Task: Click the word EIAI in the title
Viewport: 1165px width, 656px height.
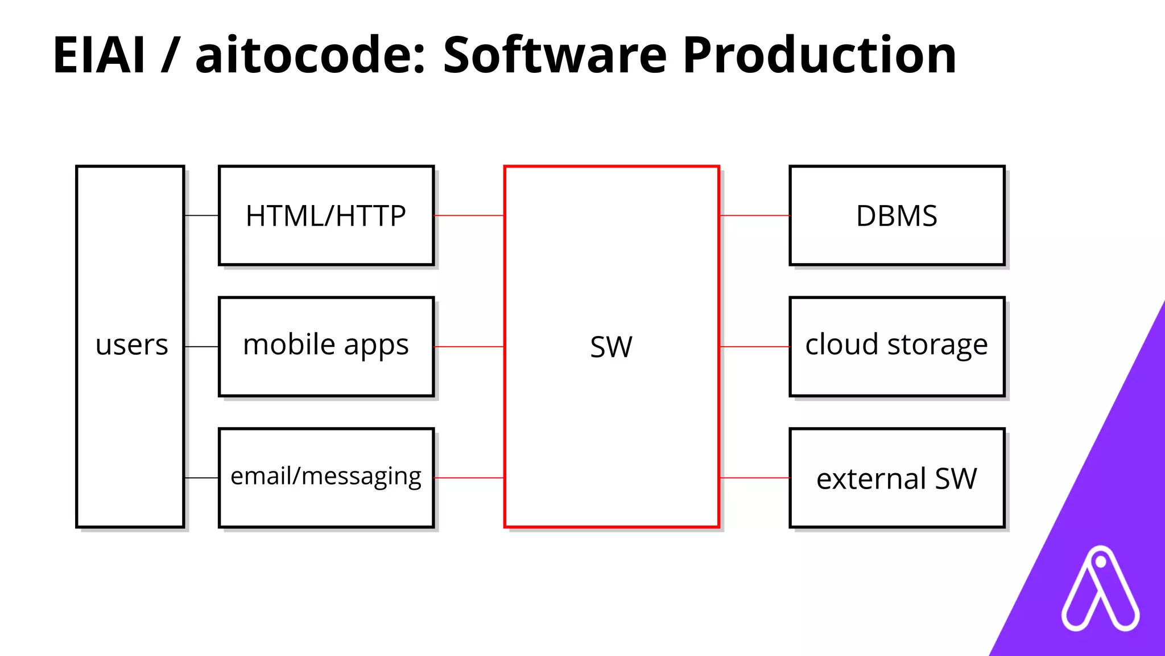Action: [x=99, y=55]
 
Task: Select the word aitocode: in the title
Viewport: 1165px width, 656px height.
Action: [x=310, y=55]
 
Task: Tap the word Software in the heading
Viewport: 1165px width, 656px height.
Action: [x=555, y=55]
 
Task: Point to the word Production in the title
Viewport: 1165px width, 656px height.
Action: [x=819, y=55]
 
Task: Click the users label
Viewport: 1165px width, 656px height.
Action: [x=131, y=345]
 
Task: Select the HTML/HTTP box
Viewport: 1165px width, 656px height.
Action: [x=326, y=216]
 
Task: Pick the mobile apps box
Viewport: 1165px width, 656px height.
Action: [x=326, y=346]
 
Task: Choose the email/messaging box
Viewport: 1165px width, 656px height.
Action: [x=326, y=477]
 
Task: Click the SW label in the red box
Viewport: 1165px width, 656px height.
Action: [x=611, y=347]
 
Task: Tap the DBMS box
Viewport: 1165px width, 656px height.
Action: [x=897, y=216]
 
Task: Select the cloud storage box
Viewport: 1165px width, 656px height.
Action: [x=897, y=346]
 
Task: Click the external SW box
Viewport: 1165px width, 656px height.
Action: [x=897, y=478]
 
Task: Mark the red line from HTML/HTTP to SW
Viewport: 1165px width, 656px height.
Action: [x=469, y=215]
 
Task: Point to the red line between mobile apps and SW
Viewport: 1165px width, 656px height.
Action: [x=469, y=346]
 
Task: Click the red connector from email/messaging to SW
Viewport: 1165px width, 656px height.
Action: [x=469, y=478]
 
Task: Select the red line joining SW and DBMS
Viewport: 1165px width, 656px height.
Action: [x=754, y=215]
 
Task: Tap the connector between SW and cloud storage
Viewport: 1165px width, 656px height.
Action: [x=754, y=346]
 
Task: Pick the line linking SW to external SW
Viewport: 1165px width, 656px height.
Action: [x=754, y=478]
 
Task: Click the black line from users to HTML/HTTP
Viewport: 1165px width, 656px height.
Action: [x=201, y=215]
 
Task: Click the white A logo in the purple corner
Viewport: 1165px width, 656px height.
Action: [x=1100, y=590]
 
